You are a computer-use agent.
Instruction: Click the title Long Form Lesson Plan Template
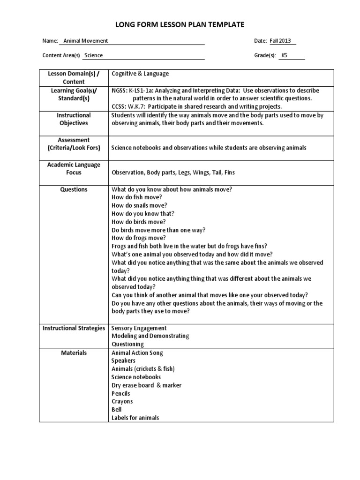pos(180,24)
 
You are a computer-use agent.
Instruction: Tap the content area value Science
pos(93,55)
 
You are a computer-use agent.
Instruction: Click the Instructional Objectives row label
pos(74,119)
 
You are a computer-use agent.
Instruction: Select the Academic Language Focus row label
pos(74,169)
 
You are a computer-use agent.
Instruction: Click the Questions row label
pos(74,189)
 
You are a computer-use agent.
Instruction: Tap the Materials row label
pos(74,352)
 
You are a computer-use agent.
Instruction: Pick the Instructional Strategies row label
pos(74,328)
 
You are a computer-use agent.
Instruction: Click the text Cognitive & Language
pos(140,74)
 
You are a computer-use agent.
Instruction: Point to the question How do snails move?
pos(139,205)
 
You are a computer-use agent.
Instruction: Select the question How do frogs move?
pos(139,238)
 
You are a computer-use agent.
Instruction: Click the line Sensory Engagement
pos(139,328)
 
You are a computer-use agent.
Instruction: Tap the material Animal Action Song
pos(137,352)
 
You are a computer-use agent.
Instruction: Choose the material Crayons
pos(122,401)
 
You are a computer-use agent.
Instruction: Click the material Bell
pos(117,409)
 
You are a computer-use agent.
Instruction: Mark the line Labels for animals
pos(135,418)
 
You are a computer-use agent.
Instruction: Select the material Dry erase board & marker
pos(146,385)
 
